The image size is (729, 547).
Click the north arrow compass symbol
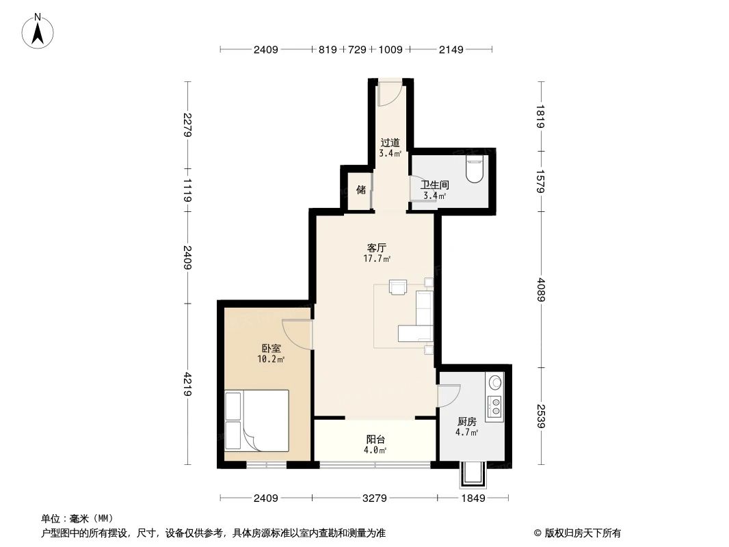pyautogui.click(x=38, y=31)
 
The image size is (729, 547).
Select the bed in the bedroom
pyautogui.click(x=256, y=421)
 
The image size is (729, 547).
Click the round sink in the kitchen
pyautogui.click(x=494, y=383)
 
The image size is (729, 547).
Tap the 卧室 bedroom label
pyautogui.click(x=271, y=348)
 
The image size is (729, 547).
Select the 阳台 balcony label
pyautogui.click(x=375, y=439)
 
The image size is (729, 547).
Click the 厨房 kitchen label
pyautogui.click(x=466, y=421)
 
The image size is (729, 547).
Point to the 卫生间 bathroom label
pyautogui.click(x=434, y=185)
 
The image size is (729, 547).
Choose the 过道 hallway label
pyautogui.click(x=390, y=143)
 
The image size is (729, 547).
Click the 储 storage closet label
pyautogui.click(x=360, y=189)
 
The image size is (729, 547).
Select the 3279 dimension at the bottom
pyautogui.click(x=374, y=498)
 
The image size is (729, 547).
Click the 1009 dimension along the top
pyautogui.click(x=390, y=49)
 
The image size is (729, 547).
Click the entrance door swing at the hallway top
pyautogui.click(x=390, y=94)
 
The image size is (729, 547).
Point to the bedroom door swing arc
pyautogui.click(x=298, y=334)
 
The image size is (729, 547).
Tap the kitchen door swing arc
pyautogui.click(x=449, y=397)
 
